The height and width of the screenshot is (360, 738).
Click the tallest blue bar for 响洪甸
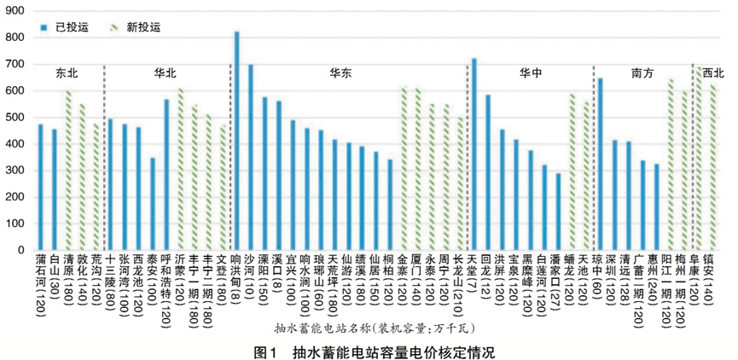point(236,141)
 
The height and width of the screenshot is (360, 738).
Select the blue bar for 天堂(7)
point(474,154)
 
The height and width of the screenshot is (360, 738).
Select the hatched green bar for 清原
point(67,170)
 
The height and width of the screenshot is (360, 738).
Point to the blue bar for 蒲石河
point(40,187)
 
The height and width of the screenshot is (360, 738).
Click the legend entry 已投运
point(67,26)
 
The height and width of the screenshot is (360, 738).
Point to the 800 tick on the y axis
point(17,38)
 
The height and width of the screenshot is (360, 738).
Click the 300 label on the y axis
point(17,171)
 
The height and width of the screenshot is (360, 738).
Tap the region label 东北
point(67,73)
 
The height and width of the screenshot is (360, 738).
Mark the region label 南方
point(642,73)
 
